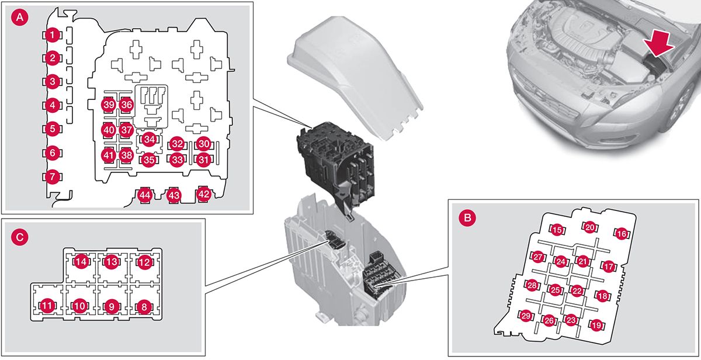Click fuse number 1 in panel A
(x=53, y=36)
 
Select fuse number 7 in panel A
(x=53, y=176)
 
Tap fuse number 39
(x=108, y=105)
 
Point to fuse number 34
(x=150, y=139)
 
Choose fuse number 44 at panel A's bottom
(x=144, y=195)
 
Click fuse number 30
(x=203, y=144)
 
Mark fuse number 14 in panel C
(x=81, y=262)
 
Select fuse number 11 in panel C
(x=47, y=305)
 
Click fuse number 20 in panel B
(x=590, y=227)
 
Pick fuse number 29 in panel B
(x=526, y=316)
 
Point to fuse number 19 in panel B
(x=596, y=325)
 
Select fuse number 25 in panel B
(x=555, y=290)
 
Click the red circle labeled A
(x=19, y=18)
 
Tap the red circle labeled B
(x=467, y=217)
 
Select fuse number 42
(x=203, y=195)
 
